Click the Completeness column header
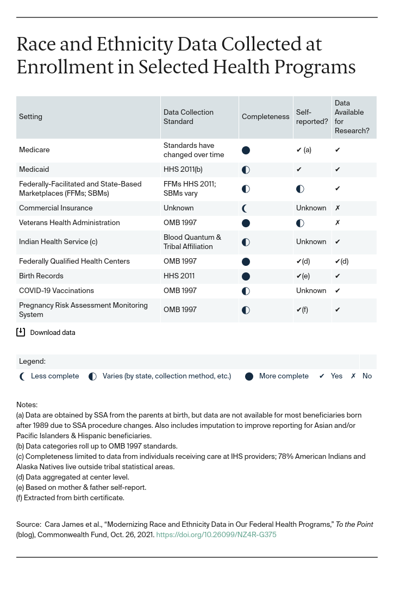tap(265, 117)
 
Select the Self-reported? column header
tap(311, 117)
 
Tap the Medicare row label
tap(34, 150)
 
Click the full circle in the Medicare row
tap(246, 150)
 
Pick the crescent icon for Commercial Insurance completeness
tap(245, 208)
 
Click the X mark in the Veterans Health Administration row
tap(337, 223)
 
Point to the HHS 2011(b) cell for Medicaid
tap(183, 170)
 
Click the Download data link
tap(53, 333)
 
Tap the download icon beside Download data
tap(21, 332)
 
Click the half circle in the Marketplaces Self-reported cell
tap(300, 189)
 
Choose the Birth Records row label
tap(41, 276)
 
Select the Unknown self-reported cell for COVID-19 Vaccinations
tap(311, 291)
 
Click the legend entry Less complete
tap(54, 376)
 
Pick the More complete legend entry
tap(283, 376)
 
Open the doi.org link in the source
tap(216, 535)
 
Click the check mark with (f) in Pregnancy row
tap(302, 310)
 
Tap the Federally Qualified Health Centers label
tap(74, 262)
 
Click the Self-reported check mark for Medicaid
tap(299, 170)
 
